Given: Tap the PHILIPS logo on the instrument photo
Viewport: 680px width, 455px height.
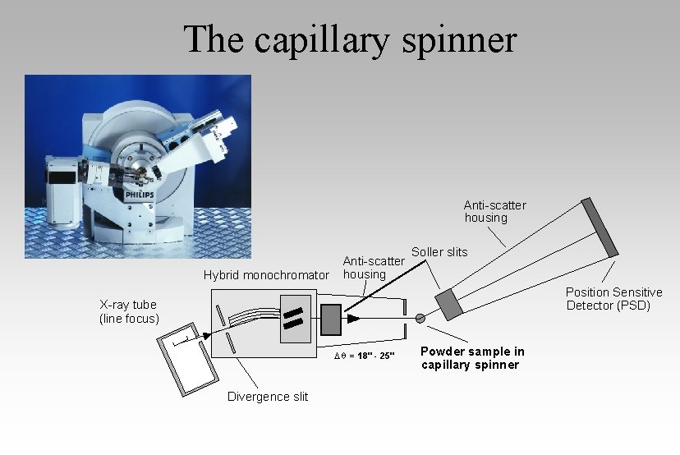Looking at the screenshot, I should click(x=139, y=195).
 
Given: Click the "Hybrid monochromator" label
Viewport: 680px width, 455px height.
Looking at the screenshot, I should click(x=266, y=275).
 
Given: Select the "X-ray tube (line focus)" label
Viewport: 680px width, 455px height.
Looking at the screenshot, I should click(x=129, y=311).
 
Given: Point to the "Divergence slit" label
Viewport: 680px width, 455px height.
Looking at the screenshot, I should click(x=268, y=397).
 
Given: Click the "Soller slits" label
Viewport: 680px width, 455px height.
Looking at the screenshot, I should click(x=439, y=252).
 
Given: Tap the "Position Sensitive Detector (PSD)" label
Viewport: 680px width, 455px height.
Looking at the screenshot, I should click(x=613, y=299).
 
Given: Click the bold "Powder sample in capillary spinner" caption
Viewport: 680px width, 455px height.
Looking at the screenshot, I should click(x=472, y=358).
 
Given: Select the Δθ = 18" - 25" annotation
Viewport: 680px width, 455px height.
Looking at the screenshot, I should click(x=365, y=355).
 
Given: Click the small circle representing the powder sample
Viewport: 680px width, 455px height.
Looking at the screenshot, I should click(x=421, y=318).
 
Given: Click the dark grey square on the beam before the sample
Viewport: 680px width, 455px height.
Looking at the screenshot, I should click(x=330, y=319).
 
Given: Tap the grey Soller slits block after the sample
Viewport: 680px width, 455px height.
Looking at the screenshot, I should click(x=449, y=304).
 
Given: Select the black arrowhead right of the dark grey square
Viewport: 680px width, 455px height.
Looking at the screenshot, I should click(x=352, y=318).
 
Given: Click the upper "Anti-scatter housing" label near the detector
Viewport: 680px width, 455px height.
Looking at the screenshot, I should click(x=494, y=211).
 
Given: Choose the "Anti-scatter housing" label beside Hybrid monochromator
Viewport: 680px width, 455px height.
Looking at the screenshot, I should click(x=374, y=268).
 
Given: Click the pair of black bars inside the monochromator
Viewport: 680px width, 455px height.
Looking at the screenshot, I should click(x=292, y=317).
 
